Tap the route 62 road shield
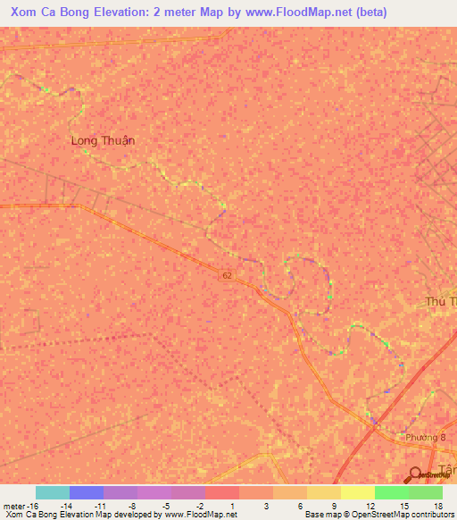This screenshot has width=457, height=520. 227,277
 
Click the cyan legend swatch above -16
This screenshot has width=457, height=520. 53,492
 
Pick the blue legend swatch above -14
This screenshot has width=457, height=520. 87,492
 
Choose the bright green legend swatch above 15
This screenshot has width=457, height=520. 392,492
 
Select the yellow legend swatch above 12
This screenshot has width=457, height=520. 358,492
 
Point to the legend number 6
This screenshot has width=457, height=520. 299,505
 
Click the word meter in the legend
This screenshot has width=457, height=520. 14,505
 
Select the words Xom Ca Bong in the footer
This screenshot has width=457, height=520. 29,515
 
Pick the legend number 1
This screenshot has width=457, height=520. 232,505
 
